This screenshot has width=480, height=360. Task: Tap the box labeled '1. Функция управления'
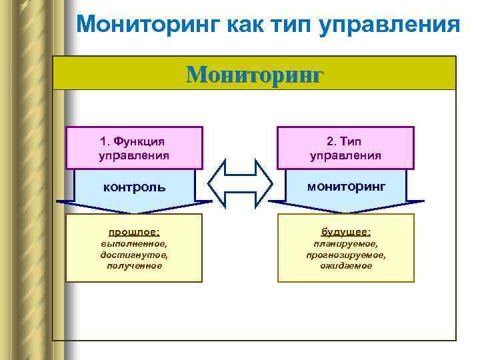point(133,148)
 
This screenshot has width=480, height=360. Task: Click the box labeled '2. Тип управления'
point(345,148)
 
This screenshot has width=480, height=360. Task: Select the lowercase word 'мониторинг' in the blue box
point(345,186)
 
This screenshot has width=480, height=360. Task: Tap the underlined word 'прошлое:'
point(134,232)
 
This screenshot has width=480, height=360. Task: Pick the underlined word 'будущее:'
point(345,232)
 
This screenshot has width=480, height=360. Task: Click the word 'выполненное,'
point(134,244)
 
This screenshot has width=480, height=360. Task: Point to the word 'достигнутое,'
point(134,255)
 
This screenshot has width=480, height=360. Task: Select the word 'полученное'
point(134,265)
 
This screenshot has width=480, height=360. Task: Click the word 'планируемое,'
point(345,244)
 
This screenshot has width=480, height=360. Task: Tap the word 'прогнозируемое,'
point(345,255)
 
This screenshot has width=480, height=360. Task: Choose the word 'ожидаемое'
point(345,265)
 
